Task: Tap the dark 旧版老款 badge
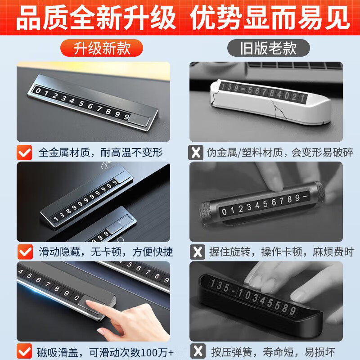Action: coord(268,48)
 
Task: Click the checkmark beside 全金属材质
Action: coord(25,153)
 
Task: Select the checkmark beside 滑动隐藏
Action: coord(25,251)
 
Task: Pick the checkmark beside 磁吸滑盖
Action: coord(25,350)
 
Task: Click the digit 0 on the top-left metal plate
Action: coord(39,91)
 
